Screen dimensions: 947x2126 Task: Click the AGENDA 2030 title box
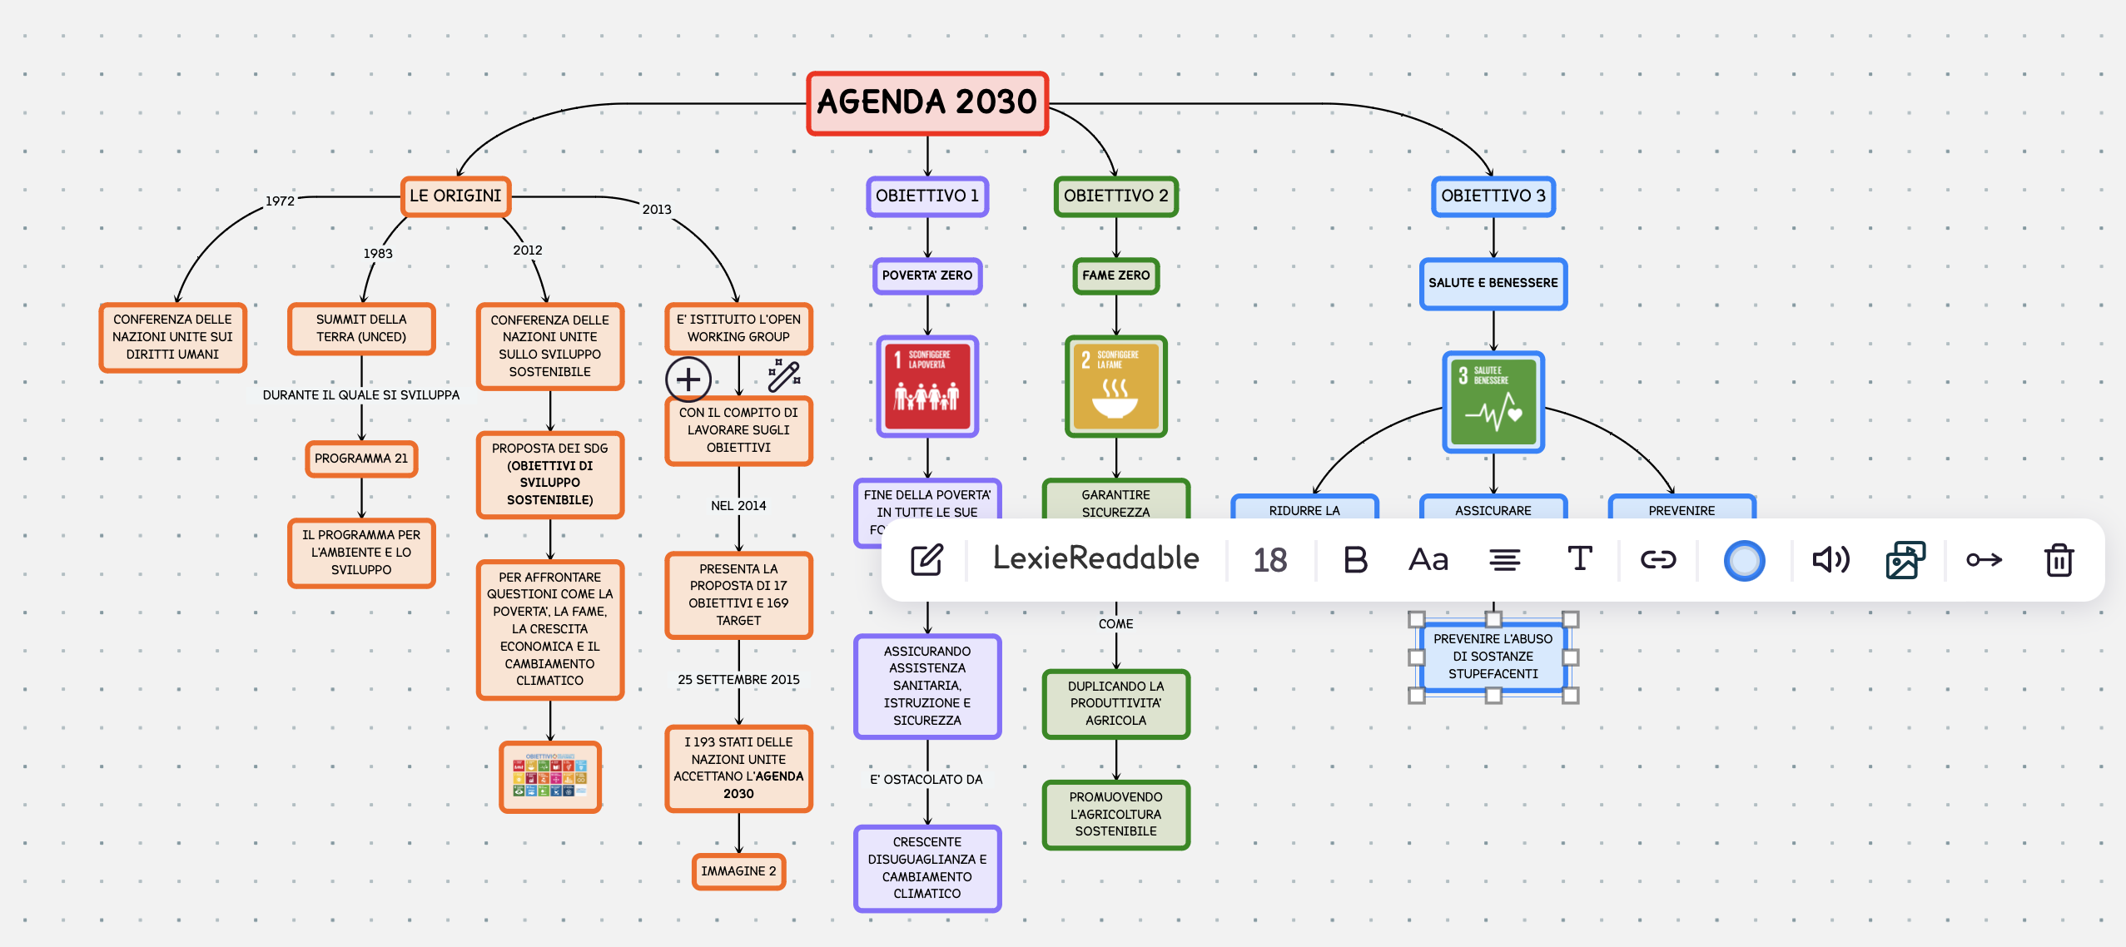click(x=926, y=103)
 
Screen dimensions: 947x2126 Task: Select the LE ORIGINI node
click(x=455, y=196)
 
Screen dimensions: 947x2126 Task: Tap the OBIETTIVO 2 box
click(x=1115, y=196)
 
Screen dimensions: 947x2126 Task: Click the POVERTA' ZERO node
click(x=926, y=275)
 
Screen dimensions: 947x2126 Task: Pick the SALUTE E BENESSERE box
click(x=1493, y=283)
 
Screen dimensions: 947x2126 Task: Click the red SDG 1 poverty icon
click(x=926, y=386)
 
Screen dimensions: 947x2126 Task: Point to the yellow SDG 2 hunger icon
click(x=1115, y=386)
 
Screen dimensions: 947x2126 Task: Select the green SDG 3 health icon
click(x=1493, y=402)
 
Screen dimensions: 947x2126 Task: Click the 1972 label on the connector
click(x=280, y=201)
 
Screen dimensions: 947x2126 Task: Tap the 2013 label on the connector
click(x=656, y=210)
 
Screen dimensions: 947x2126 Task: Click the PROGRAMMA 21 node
click(x=361, y=459)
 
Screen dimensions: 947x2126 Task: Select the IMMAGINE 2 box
click(x=738, y=871)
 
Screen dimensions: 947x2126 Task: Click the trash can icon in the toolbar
click(x=2059, y=559)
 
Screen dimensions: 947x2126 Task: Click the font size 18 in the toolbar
click(x=1269, y=560)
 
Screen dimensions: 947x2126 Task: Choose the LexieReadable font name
click(x=1095, y=558)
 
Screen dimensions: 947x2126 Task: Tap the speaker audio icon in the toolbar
click(x=1830, y=559)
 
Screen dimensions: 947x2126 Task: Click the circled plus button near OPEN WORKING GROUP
click(x=688, y=379)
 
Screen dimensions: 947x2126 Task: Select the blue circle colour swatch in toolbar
click(x=1744, y=560)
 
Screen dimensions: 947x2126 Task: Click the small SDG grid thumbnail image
click(x=549, y=776)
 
